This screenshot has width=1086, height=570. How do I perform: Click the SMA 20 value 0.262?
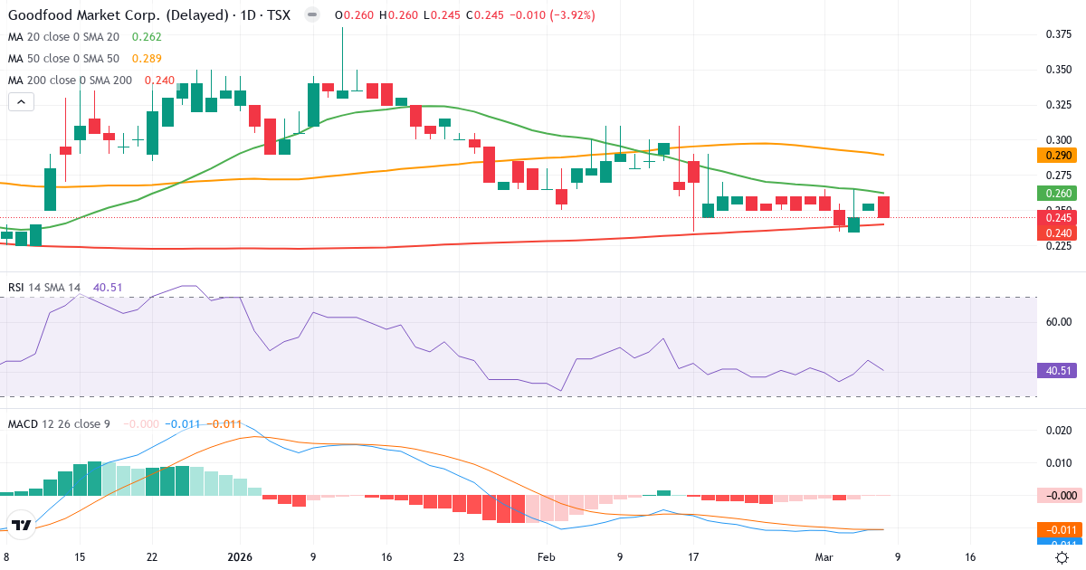pyautogui.click(x=147, y=36)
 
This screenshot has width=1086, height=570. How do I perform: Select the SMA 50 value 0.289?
pyautogui.click(x=147, y=58)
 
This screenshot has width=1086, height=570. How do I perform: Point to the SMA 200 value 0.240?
pyautogui.click(x=157, y=80)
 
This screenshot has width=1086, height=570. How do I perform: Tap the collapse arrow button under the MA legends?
pyautogui.click(x=21, y=102)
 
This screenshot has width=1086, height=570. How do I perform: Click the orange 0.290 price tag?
pyautogui.click(x=1054, y=156)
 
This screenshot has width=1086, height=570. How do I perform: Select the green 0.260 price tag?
pyautogui.click(x=1054, y=193)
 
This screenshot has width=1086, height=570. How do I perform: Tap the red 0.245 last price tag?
pyautogui.click(x=1054, y=218)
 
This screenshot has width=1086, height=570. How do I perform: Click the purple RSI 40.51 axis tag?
pyautogui.click(x=1054, y=370)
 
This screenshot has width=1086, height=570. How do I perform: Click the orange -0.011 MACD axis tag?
pyautogui.click(x=1054, y=529)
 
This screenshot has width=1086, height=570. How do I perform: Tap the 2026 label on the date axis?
pyautogui.click(x=241, y=558)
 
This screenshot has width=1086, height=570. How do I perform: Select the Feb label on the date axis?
pyautogui.click(x=547, y=558)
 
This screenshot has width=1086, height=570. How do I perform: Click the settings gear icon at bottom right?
pyautogui.click(x=1063, y=558)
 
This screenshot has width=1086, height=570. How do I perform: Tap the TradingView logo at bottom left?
pyautogui.click(x=22, y=526)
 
